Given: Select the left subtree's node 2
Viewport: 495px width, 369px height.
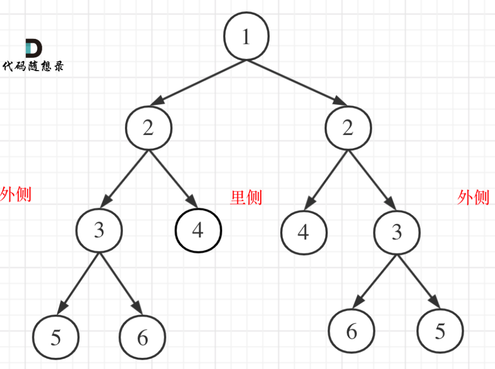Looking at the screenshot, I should pyautogui.click(x=148, y=129).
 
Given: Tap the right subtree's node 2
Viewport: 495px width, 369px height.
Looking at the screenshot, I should pyautogui.click(x=348, y=129).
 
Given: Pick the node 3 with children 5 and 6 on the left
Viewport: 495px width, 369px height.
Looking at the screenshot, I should pyautogui.click(x=99, y=231).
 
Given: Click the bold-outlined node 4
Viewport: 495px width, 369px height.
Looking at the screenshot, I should pyautogui.click(x=198, y=231).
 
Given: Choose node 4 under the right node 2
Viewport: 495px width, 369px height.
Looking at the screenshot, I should pyautogui.click(x=303, y=232).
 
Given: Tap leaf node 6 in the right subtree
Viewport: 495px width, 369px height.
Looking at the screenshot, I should pyautogui.click(x=351, y=331).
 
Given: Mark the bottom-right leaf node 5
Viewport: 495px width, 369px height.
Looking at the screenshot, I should pyautogui.click(x=440, y=331).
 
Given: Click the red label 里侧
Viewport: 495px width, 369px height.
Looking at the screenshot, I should pyautogui.click(x=246, y=198).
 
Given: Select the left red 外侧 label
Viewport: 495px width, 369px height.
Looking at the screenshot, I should pyautogui.click(x=16, y=194).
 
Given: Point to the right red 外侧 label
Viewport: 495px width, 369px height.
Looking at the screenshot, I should pyautogui.click(x=473, y=197).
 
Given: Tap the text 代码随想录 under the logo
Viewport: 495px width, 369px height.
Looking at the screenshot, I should pyautogui.click(x=34, y=66).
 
